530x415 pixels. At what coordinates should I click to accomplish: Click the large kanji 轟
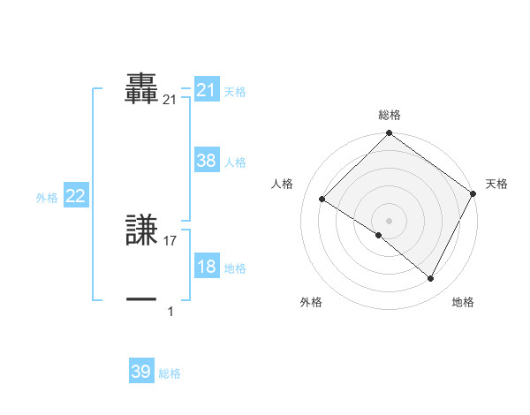(x=142, y=88)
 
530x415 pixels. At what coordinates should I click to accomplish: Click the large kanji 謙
(x=142, y=230)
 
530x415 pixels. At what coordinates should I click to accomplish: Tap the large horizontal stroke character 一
(x=142, y=299)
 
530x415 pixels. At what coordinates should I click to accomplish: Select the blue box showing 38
(x=207, y=161)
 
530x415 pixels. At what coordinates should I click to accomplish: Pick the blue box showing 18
(x=207, y=267)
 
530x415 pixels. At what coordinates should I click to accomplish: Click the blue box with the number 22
(x=76, y=197)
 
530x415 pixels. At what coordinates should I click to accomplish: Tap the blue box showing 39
(x=141, y=372)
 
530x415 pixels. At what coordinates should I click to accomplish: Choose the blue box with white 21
(x=207, y=90)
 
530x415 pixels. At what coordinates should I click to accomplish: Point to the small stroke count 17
(x=170, y=240)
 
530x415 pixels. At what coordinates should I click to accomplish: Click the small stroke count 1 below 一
(x=170, y=311)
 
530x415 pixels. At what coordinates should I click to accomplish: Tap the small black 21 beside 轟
(x=170, y=101)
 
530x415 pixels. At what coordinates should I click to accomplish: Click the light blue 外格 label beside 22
(x=47, y=198)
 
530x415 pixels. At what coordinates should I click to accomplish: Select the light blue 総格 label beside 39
(x=170, y=373)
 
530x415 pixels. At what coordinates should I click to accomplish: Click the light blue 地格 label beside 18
(x=235, y=268)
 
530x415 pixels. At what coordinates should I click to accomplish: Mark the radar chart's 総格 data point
(x=389, y=134)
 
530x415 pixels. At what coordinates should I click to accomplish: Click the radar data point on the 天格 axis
(x=473, y=193)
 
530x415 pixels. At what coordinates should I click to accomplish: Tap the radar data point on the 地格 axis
(x=430, y=279)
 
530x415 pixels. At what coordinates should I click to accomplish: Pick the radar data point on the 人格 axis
(x=322, y=200)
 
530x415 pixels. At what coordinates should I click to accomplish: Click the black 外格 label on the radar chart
(x=311, y=302)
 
